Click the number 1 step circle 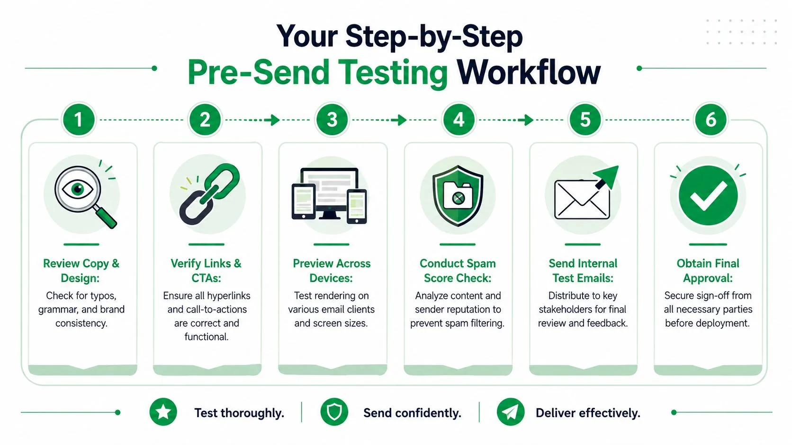click(x=79, y=120)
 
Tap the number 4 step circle click(x=459, y=120)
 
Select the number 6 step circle click(x=711, y=120)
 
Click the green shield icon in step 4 click(x=458, y=195)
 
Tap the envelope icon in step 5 click(x=582, y=200)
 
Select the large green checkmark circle click(x=708, y=195)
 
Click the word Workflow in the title click(x=529, y=72)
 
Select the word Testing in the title click(x=393, y=73)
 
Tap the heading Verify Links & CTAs click(x=206, y=270)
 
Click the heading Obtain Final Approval click(x=708, y=270)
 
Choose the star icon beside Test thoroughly click(x=163, y=412)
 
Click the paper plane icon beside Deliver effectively click(x=511, y=412)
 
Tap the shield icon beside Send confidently click(x=334, y=412)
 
